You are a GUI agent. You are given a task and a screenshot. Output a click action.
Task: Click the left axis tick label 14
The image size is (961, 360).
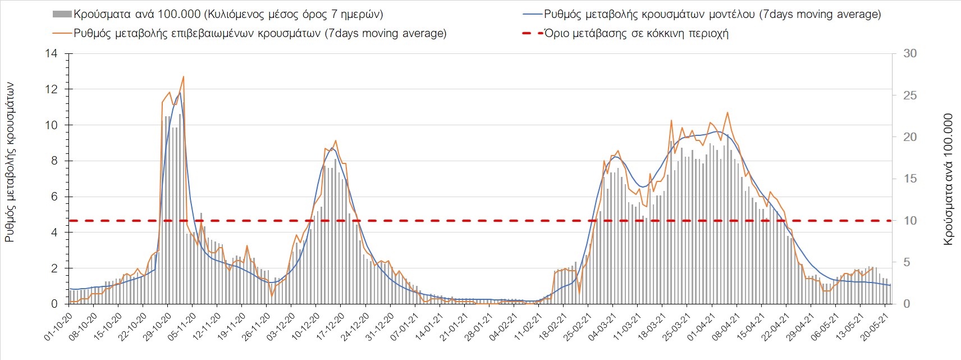pos(51,54)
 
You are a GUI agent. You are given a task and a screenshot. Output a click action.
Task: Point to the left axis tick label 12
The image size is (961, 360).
pos(51,89)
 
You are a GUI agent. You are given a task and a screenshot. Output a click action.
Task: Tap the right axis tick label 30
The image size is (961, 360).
pos(910,54)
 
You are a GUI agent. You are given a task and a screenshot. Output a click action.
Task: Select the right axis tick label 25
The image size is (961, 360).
pos(910,95)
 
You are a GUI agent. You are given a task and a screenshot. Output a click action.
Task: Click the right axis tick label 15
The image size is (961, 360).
pos(910,179)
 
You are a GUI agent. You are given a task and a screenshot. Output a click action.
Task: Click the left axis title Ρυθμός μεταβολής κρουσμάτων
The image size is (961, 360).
pos(10,162)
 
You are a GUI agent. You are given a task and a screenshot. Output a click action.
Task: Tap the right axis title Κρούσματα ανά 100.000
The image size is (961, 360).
pos(948,179)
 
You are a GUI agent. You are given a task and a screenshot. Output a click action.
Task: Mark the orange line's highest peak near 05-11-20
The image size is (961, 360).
pos(184,77)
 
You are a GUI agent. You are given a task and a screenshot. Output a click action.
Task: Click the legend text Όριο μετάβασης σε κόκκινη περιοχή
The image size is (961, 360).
pos(637,33)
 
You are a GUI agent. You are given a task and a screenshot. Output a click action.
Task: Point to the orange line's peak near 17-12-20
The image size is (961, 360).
pos(335,141)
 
